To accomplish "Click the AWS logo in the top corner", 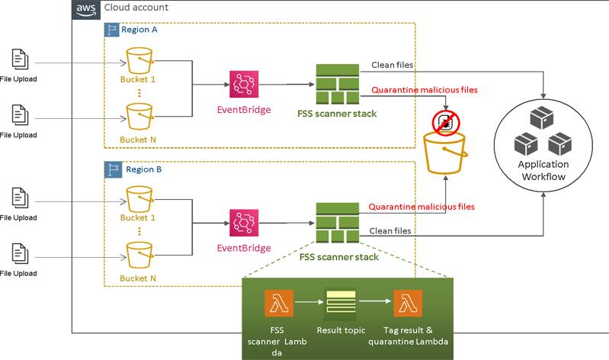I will [85, 8].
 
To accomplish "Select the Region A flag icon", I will [111, 30].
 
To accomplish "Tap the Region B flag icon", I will [111, 169].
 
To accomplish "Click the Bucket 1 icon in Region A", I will [139, 60].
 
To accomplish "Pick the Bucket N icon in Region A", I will [139, 117].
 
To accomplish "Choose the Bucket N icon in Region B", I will [139, 256].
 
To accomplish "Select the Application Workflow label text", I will [543, 170].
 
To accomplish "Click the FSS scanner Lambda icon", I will [278, 304].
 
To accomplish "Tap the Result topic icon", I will [341, 304].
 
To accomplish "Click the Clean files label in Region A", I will [392, 66].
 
